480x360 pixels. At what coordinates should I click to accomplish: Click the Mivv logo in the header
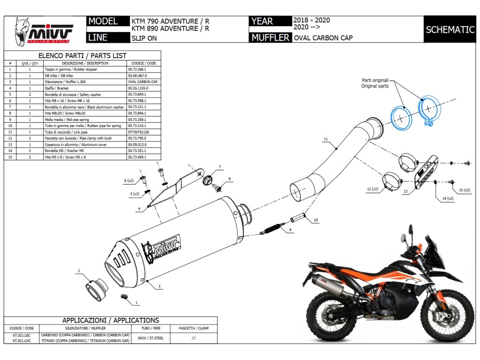tap(44, 31)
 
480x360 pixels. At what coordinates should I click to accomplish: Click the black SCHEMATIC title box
tap(450, 30)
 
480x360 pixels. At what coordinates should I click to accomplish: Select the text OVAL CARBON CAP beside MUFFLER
tap(323, 38)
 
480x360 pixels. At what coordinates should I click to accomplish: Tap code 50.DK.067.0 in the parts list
tap(137, 75)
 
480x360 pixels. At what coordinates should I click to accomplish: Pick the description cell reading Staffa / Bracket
tap(57, 88)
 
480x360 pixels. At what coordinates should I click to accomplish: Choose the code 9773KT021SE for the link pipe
tap(138, 132)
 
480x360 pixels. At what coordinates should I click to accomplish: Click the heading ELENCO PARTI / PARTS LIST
tap(82, 56)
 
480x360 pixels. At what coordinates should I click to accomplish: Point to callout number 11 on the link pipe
tap(326, 139)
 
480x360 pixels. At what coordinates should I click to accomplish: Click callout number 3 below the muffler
tap(159, 286)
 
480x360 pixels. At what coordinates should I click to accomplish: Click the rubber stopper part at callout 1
tap(124, 297)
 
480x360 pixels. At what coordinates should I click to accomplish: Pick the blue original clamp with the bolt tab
tap(429, 110)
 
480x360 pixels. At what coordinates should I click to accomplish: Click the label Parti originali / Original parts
tap(375, 83)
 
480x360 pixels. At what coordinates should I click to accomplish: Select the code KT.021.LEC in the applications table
tap(22, 336)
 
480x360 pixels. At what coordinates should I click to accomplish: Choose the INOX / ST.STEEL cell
tap(150, 338)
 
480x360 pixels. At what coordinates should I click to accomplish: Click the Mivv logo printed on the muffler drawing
tap(161, 248)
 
